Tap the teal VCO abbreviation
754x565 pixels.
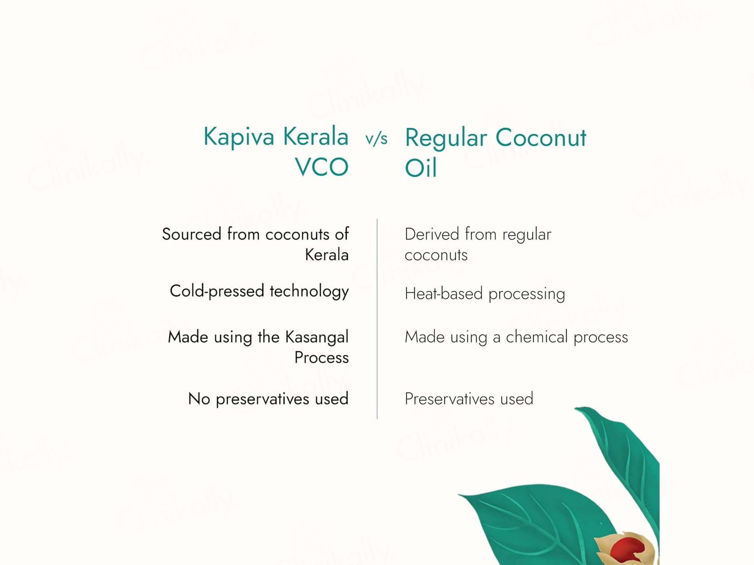point(321,167)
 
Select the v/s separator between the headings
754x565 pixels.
point(376,139)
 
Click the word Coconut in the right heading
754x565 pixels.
point(541,138)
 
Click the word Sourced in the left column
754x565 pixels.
point(192,234)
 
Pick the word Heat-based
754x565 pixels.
point(444,294)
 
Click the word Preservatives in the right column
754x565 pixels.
point(450,399)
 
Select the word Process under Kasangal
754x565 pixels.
point(321,357)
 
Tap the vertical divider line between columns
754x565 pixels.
point(377,319)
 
